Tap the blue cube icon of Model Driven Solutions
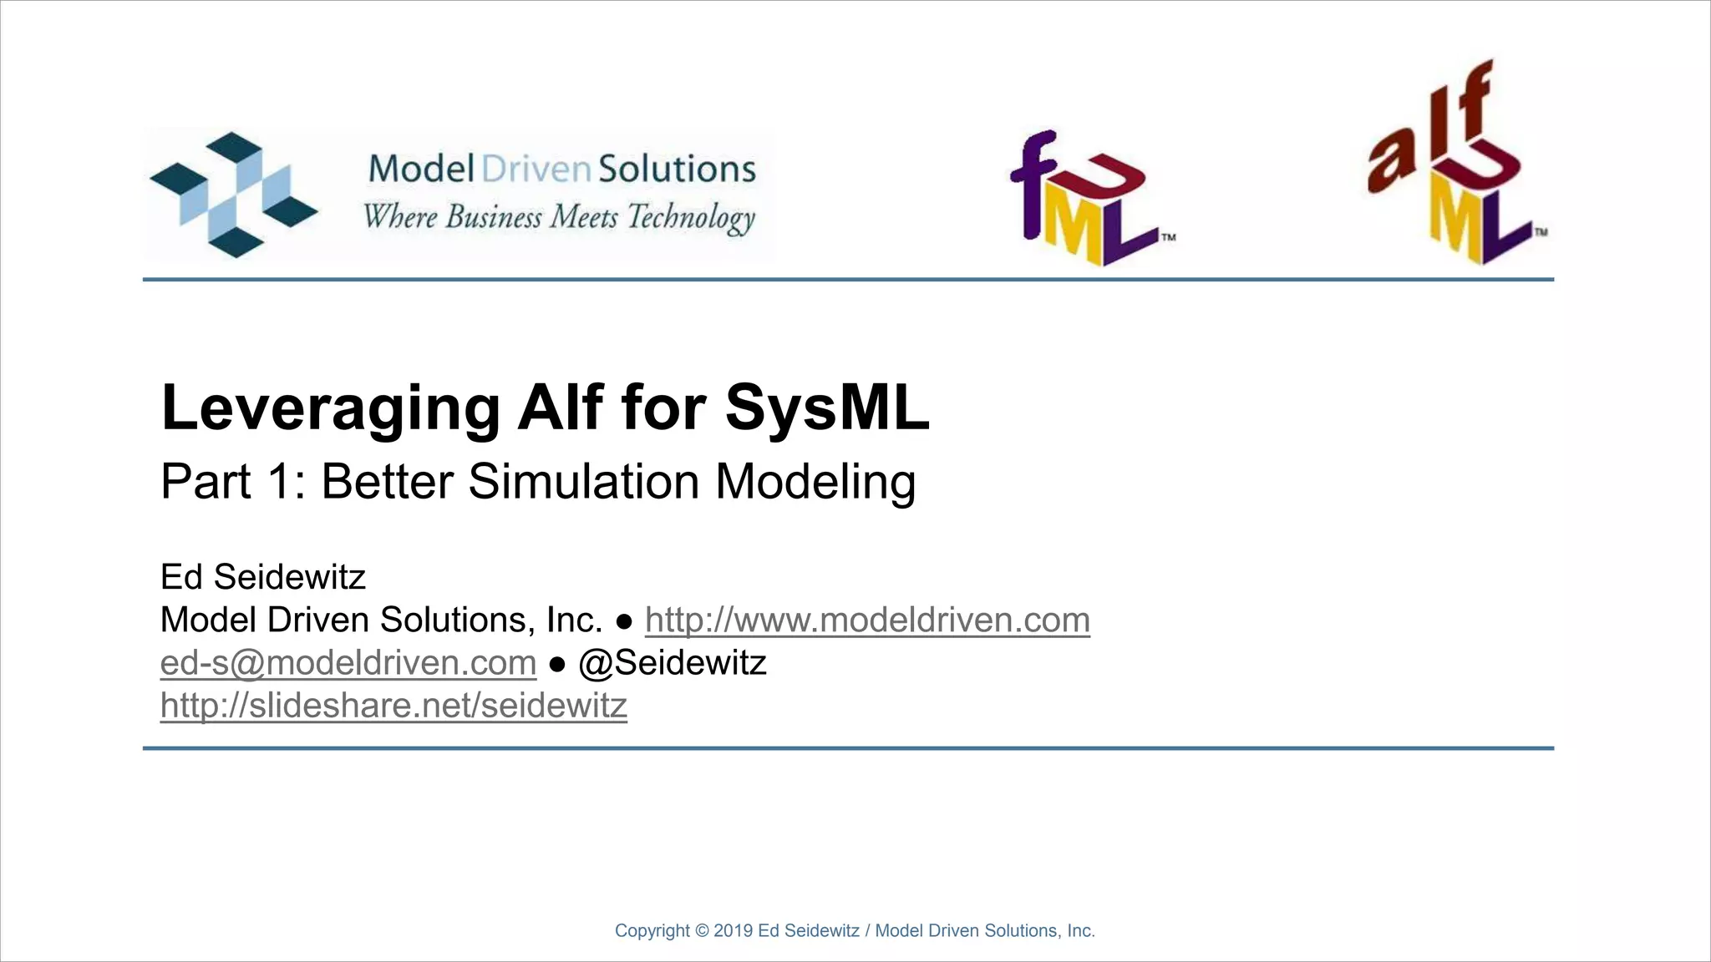pos(233,194)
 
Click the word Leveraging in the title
pos(330,408)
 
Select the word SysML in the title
pos(827,408)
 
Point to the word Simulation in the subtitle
pos(583,482)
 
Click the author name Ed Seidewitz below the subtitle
pos(263,577)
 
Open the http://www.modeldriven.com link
pos(867,620)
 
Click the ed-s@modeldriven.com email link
pos(348,663)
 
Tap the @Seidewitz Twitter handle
pos(673,663)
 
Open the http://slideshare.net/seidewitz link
pos(393,706)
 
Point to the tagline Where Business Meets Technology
pos(559,217)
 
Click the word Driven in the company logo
pos(536,170)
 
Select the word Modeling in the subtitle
pos(815,482)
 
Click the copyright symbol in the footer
pos(702,931)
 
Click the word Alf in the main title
pos(560,408)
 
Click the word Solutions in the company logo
pos(677,170)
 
